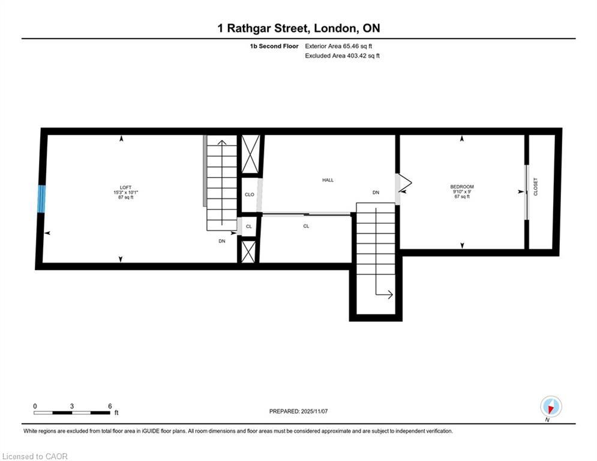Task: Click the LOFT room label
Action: pos(125,187)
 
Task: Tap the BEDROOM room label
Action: pos(462,187)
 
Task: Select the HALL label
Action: pos(328,180)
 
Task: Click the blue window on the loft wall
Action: pos(41,199)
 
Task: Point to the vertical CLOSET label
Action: pos(536,187)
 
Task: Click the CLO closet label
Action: pos(250,194)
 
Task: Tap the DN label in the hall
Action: pos(376,193)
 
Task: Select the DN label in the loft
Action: pos(222,241)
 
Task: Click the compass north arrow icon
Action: pos(551,406)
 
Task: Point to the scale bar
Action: pos(71,412)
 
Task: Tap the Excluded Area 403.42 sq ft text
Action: pos(342,56)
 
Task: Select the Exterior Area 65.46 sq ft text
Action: pos(338,46)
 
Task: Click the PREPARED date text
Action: pos(299,411)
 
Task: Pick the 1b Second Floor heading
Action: pos(274,46)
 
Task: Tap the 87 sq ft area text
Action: pos(125,197)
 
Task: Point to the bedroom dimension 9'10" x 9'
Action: pos(462,191)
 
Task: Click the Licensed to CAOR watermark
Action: pos(35,456)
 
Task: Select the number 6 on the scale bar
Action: pos(110,406)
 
